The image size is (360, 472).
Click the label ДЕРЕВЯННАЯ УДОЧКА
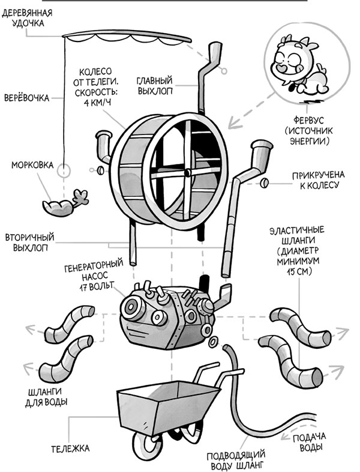click(27, 19)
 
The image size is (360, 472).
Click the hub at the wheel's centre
click(187, 172)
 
